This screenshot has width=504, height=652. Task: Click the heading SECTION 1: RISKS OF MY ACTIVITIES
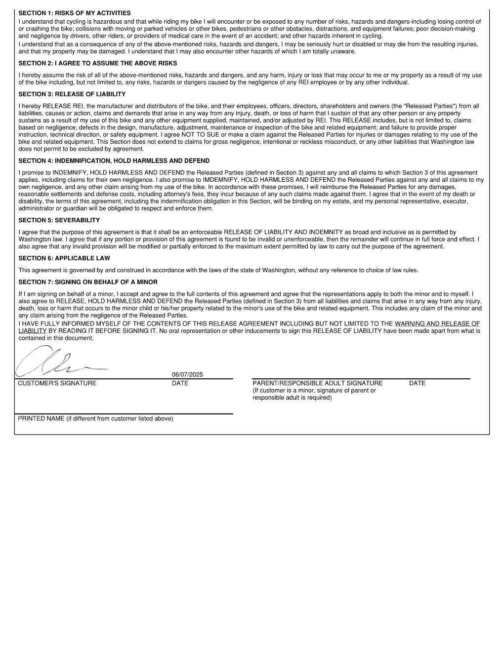point(75,13)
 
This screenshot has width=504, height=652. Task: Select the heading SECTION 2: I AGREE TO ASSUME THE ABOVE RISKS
point(97,63)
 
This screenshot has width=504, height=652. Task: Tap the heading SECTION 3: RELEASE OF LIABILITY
point(72,94)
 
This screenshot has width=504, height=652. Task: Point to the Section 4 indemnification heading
point(114,161)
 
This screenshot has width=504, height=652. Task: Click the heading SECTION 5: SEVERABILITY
point(59,220)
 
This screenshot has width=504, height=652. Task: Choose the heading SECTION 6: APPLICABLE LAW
point(64,258)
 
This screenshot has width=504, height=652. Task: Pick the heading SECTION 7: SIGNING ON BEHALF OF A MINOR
point(88,282)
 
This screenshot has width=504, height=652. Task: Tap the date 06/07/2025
point(187,374)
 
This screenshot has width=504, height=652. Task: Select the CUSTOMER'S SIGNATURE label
point(57,383)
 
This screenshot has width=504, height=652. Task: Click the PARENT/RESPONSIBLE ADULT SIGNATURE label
point(317,383)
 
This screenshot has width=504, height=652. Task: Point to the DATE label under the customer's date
point(180,383)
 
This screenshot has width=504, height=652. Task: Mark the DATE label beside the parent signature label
point(417,383)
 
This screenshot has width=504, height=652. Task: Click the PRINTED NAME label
point(95,419)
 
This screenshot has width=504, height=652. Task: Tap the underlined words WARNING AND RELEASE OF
point(437,324)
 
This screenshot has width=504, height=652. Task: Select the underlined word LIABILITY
point(32,331)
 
